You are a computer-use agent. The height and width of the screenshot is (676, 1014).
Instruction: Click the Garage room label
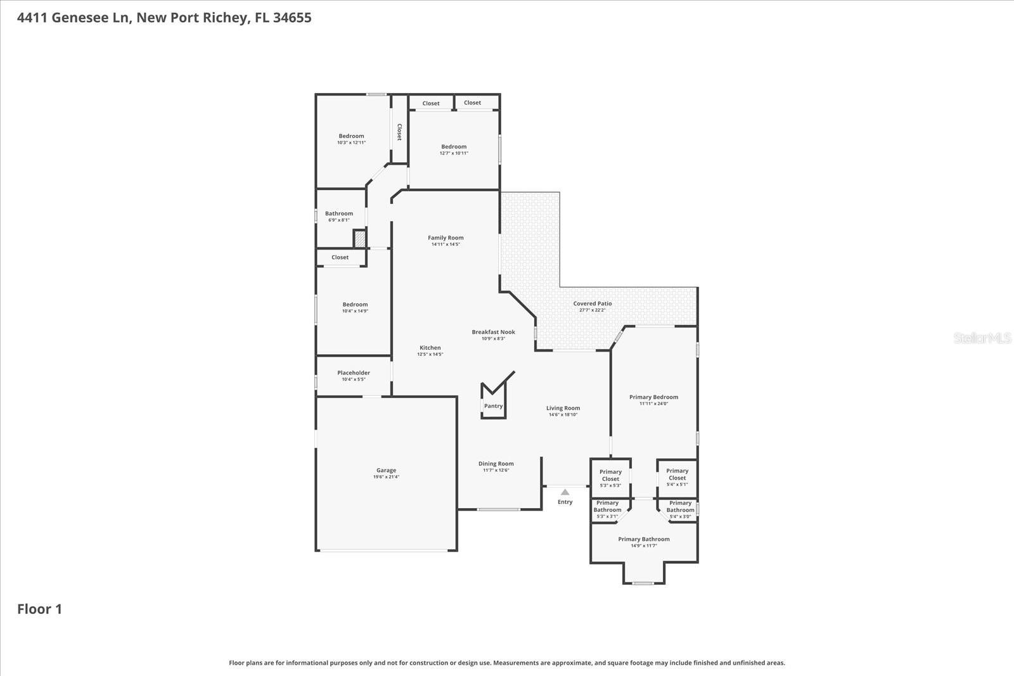pos(386,471)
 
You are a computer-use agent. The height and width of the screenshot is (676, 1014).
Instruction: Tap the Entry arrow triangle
pos(565,492)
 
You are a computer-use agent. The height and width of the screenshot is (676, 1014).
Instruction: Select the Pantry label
pos(493,406)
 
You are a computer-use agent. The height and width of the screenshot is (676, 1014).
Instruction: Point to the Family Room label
pos(446,238)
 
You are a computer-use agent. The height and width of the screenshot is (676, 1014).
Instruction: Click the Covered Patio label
pos(593,304)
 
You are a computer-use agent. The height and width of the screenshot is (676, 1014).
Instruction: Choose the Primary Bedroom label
pos(653,397)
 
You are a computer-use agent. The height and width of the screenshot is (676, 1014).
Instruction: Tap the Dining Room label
pos(496,464)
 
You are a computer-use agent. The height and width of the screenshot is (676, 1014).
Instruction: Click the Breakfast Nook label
pos(493,332)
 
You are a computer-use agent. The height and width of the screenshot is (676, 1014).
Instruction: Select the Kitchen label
pos(430,348)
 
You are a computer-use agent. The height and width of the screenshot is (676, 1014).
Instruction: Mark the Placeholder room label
pos(354,373)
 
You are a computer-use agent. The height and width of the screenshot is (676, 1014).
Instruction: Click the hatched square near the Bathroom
pos(359,239)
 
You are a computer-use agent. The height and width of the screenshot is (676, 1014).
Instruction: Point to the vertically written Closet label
pos(399,132)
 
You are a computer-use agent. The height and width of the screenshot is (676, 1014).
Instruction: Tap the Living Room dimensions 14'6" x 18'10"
pos(563,414)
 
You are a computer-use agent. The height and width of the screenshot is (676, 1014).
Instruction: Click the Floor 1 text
pos(39,609)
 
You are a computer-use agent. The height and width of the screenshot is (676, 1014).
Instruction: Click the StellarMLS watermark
pos(982,338)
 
